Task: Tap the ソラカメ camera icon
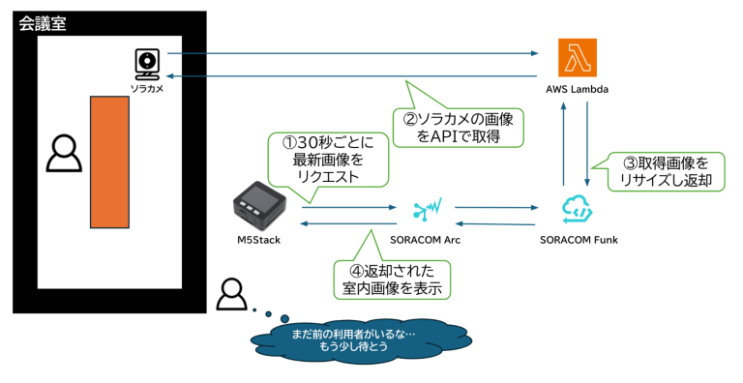pyautogui.click(x=146, y=63)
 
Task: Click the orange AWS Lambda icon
pyautogui.click(x=577, y=57)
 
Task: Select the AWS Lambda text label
pyautogui.click(x=577, y=90)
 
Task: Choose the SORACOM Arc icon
pyautogui.click(x=426, y=208)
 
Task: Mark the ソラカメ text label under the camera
pyautogui.click(x=146, y=88)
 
